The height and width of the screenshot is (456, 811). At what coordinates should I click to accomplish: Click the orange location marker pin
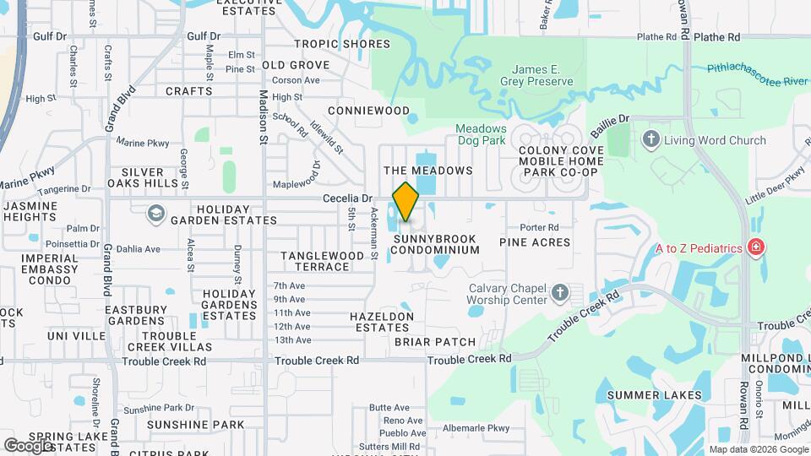(406, 201)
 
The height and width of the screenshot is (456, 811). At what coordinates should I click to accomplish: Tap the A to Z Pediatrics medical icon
(756, 247)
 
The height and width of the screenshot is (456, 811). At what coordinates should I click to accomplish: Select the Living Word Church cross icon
(650, 140)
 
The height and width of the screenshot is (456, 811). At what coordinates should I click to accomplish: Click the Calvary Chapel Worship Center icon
(559, 293)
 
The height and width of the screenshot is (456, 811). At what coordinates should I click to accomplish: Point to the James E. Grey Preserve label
(542, 75)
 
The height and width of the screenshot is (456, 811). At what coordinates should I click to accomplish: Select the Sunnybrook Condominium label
(436, 245)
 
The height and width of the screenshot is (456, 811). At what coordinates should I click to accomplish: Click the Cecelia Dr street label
(347, 198)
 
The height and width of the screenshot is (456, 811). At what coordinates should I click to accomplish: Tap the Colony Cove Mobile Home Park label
(558, 160)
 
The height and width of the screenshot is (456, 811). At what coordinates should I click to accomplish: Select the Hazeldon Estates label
(382, 322)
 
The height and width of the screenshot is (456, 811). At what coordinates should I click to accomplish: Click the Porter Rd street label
(539, 227)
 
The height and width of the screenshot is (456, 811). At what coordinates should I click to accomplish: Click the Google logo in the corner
(28, 445)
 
